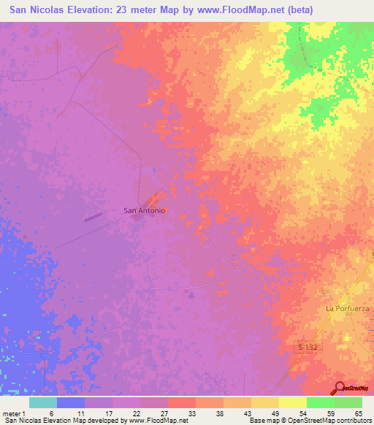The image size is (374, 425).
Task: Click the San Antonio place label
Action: click(145, 210)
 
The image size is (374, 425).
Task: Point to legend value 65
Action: click(358, 413)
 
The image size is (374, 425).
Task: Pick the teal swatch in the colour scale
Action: click(43, 402)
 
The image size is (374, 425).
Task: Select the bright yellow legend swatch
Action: click(293, 402)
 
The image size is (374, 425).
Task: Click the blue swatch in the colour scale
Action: click(71, 402)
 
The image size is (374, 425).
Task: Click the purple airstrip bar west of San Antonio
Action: click(93, 216)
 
